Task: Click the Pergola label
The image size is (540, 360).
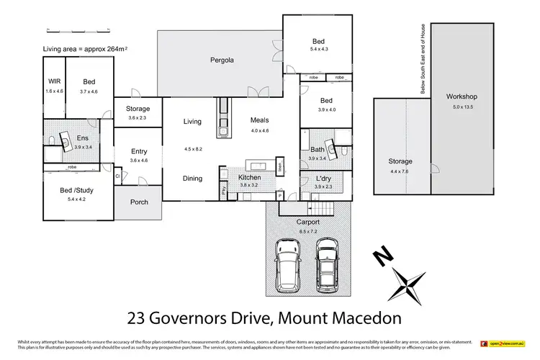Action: (219, 60)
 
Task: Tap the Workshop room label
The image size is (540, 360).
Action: (461, 96)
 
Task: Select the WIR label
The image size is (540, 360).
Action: (54, 82)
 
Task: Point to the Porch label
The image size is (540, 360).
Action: (139, 202)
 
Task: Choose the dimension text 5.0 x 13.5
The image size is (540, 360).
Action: (461, 106)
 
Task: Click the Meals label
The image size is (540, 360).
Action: (259, 120)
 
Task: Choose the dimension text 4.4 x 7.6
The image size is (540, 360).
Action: (400, 171)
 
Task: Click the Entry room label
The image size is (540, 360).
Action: (139, 151)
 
